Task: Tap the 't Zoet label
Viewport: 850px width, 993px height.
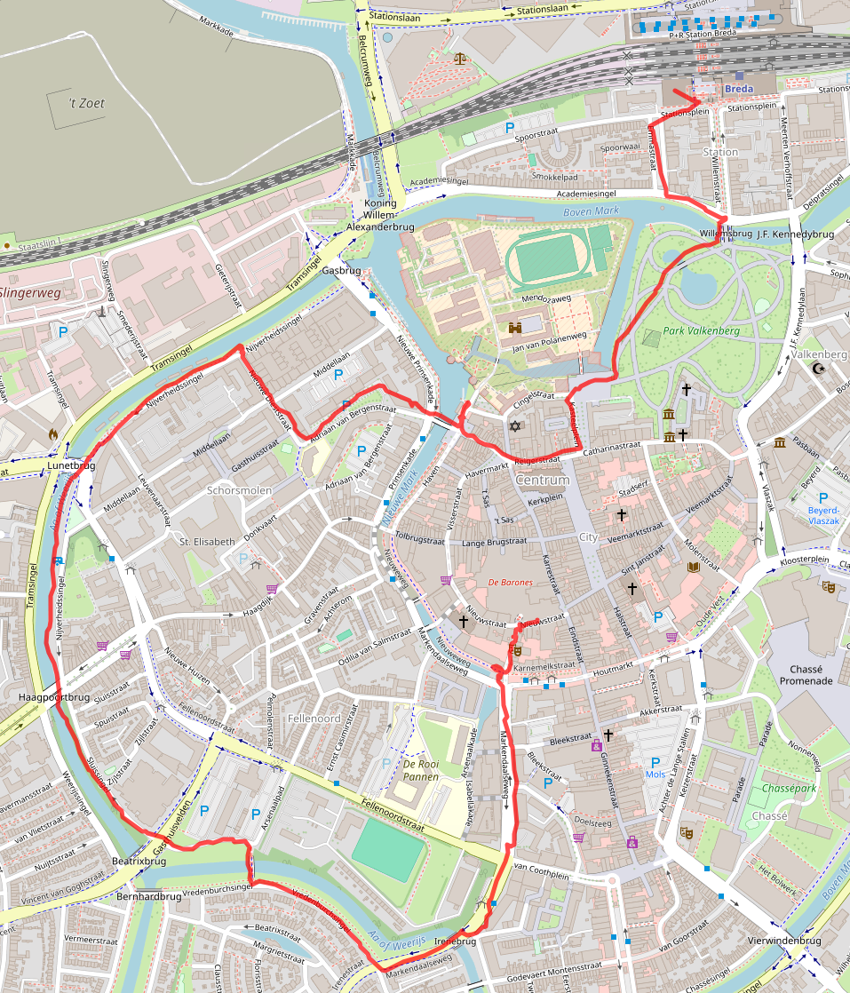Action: click(x=87, y=103)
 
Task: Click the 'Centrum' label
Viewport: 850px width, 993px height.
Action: click(x=542, y=480)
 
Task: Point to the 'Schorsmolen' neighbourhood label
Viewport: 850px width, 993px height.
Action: click(x=239, y=489)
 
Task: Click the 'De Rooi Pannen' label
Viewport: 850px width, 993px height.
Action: click(x=421, y=770)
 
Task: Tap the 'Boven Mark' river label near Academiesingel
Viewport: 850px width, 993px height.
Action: click(x=590, y=212)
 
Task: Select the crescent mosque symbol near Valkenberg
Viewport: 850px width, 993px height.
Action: click(x=818, y=367)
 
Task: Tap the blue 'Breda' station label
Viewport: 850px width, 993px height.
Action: click(x=738, y=90)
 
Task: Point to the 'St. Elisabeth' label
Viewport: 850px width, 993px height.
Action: click(x=207, y=541)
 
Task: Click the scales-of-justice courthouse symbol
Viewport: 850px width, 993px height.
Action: click(x=459, y=59)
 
